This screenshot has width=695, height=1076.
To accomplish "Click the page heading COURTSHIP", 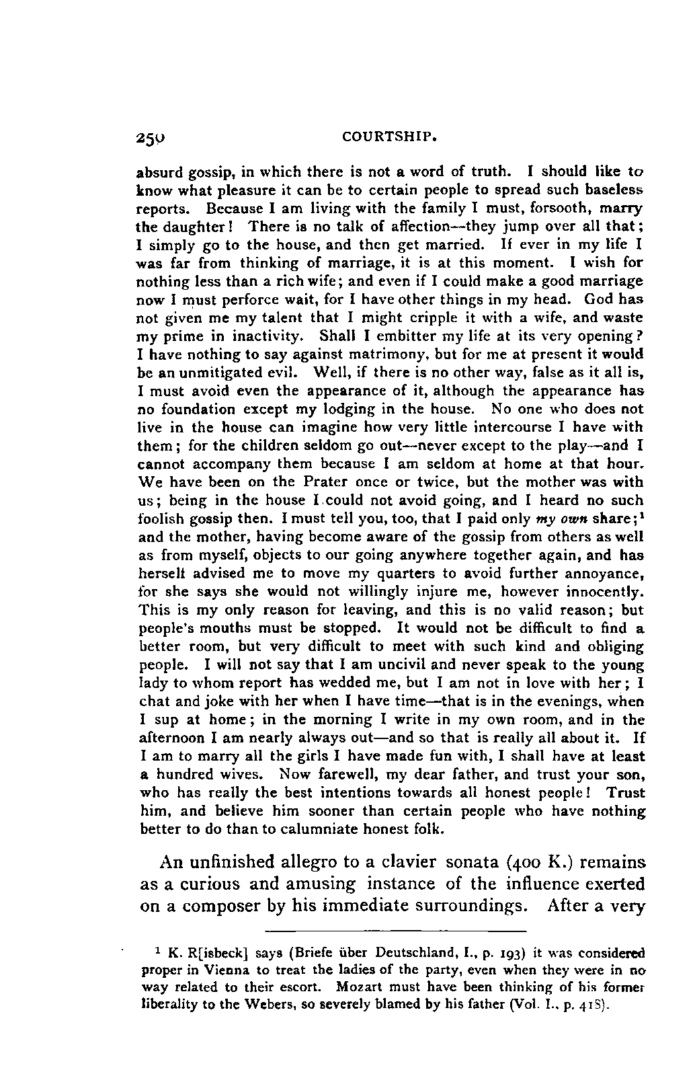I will pos(390,139).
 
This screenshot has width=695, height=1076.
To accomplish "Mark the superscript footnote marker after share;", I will pos(641,515).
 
